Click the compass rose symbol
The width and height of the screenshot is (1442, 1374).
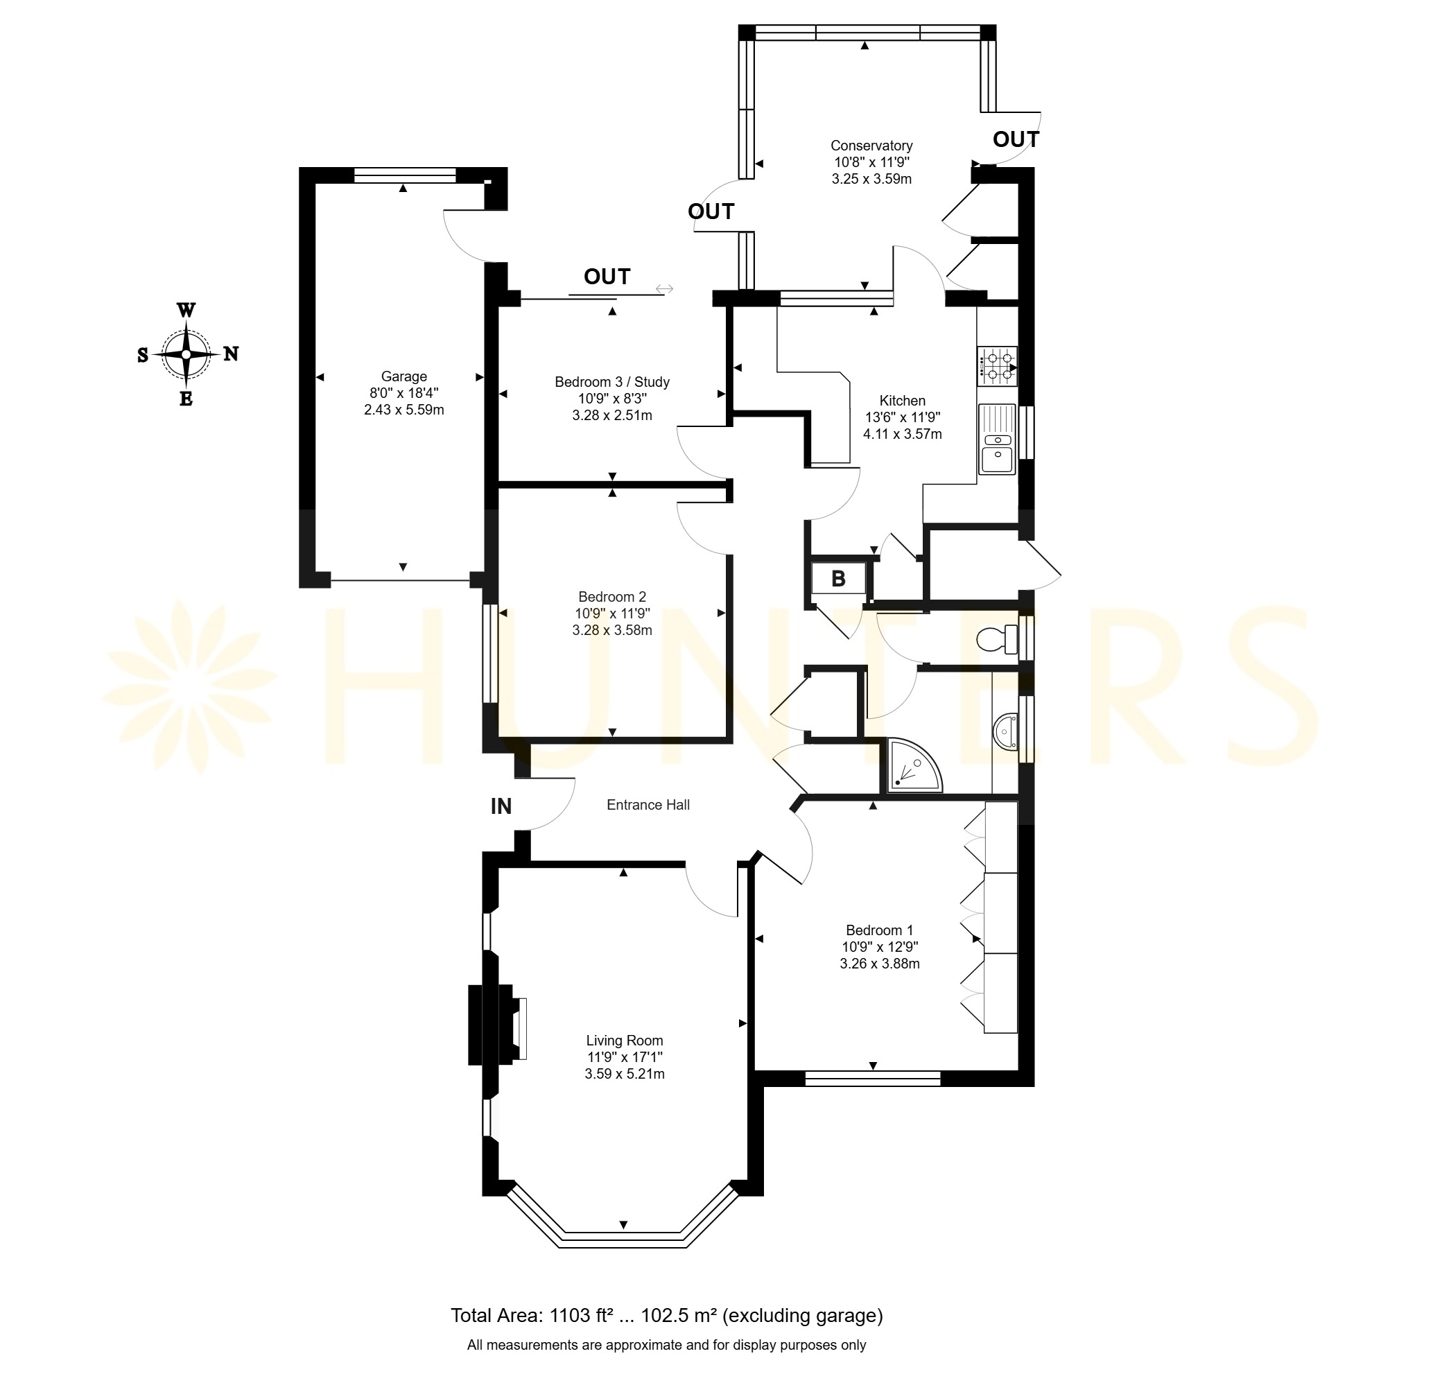tap(186, 354)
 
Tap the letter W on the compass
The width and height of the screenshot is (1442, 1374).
tap(186, 310)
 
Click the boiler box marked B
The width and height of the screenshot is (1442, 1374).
tap(839, 580)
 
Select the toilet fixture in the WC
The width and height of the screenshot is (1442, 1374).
tap(997, 639)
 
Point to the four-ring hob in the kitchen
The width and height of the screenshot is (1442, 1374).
tap(997, 366)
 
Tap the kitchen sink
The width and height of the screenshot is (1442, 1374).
tap(998, 439)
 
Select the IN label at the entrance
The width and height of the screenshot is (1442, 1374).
tap(501, 806)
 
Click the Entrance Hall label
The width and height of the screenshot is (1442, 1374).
tap(648, 805)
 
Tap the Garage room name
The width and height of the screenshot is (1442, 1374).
tap(403, 376)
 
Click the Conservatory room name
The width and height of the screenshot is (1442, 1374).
tap(871, 146)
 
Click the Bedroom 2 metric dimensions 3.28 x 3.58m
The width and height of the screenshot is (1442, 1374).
tap(612, 630)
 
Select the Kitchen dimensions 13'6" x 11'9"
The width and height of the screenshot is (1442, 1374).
tap(902, 417)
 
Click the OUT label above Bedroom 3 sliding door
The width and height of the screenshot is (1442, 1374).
tap(607, 277)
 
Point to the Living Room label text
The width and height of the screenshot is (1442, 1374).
tap(625, 1040)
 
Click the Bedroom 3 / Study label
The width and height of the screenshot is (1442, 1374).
tap(612, 381)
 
